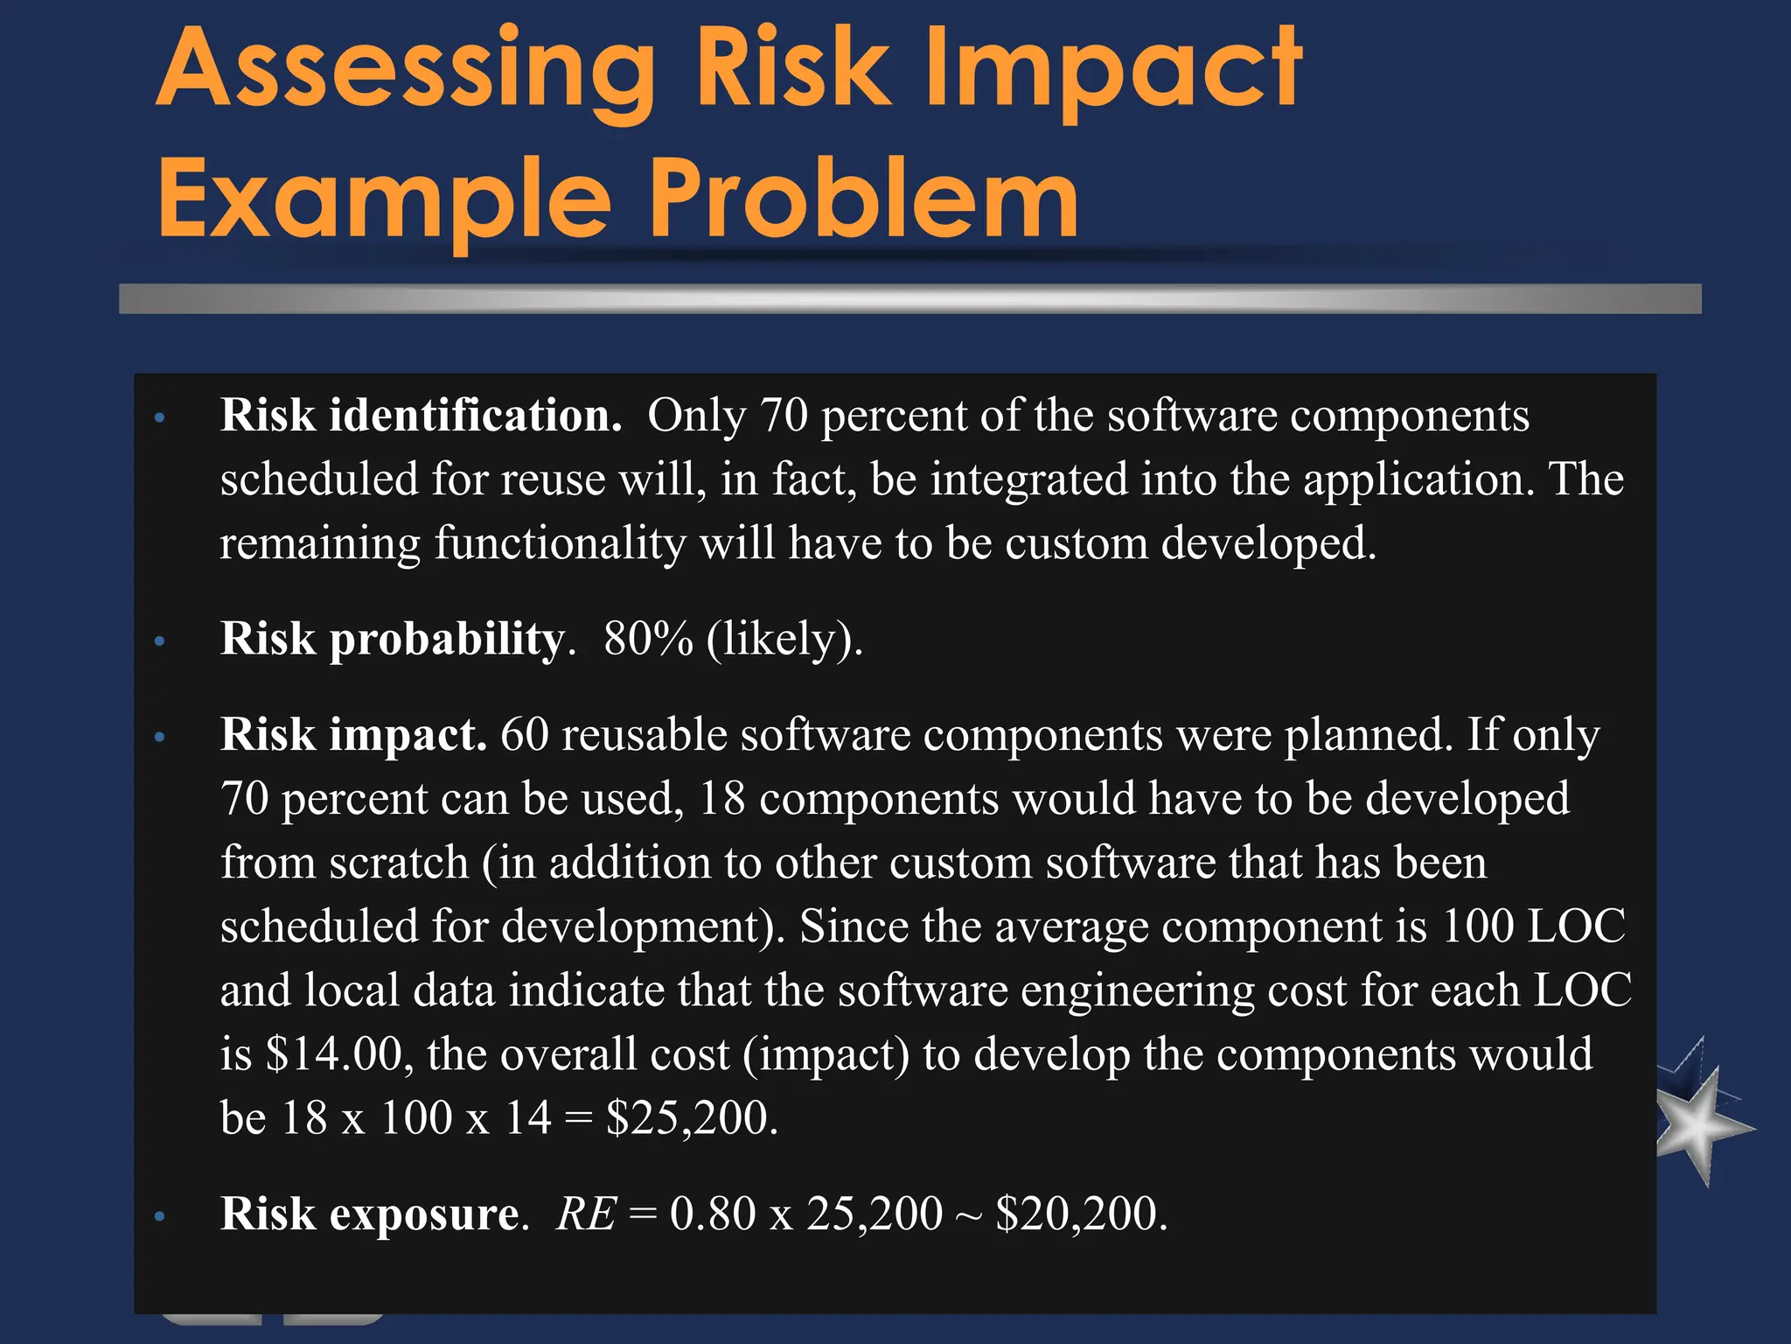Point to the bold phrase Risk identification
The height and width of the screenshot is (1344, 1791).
[x=421, y=415]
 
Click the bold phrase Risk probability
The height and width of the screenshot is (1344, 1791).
[x=393, y=638]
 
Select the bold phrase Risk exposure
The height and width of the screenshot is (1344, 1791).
[x=371, y=1214]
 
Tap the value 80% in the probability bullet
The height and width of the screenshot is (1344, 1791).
[x=648, y=638]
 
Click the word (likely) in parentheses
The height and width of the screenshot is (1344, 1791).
[x=784, y=640]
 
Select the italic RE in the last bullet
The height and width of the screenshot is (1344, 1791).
[x=586, y=1214]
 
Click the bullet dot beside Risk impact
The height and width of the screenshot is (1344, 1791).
[x=159, y=737]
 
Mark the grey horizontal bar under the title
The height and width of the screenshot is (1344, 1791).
[x=909, y=298]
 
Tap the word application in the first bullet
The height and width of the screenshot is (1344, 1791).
[x=1418, y=479]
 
